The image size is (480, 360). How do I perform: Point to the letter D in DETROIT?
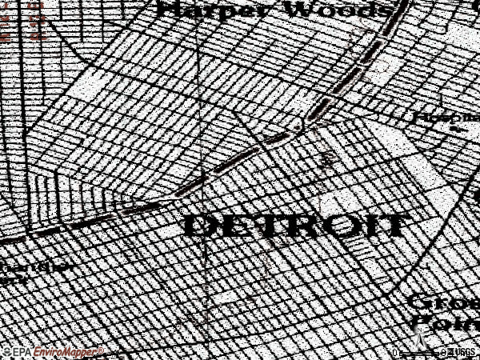[199, 225]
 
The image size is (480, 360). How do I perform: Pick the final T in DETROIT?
[392, 225]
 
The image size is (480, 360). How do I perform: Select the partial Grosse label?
[444, 304]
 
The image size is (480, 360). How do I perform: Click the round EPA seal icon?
[6, 352]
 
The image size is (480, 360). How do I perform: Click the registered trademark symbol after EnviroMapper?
[101, 350]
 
